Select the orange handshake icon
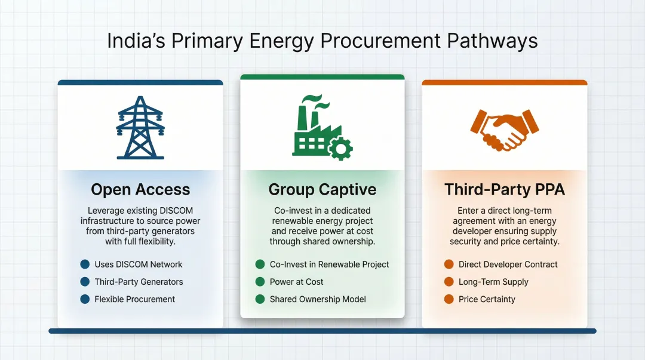coord(504,128)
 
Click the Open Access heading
coord(140,190)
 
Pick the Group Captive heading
coord(322,190)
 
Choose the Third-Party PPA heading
coord(505,190)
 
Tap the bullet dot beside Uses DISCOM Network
coord(85,264)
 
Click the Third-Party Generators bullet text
coord(139,282)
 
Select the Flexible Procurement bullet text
coord(134,299)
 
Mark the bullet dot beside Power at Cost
coord(260,282)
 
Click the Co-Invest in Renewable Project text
coord(329,264)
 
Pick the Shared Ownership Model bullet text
coord(318,299)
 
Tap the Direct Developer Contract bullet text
coord(508,264)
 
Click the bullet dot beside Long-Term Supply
coord(449,282)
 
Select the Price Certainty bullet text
coord(487,299)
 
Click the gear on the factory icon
coord(341,148)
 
